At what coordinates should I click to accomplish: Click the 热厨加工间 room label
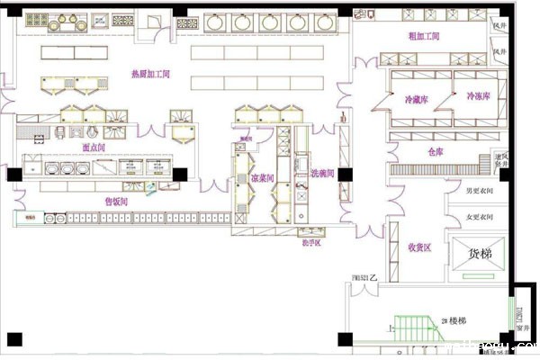[x=151, y=73]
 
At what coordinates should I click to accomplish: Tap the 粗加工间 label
[x=424, y=36]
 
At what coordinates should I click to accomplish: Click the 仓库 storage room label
[x=436, y=152]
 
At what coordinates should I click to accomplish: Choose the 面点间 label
[x=94, y=146]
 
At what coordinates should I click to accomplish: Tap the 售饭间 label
[x=116, y=201]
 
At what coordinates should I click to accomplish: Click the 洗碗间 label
[x=322, y=173]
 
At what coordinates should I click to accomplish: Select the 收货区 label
[x=420, y=247]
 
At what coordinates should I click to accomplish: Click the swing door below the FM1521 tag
[x=366, y=294]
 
